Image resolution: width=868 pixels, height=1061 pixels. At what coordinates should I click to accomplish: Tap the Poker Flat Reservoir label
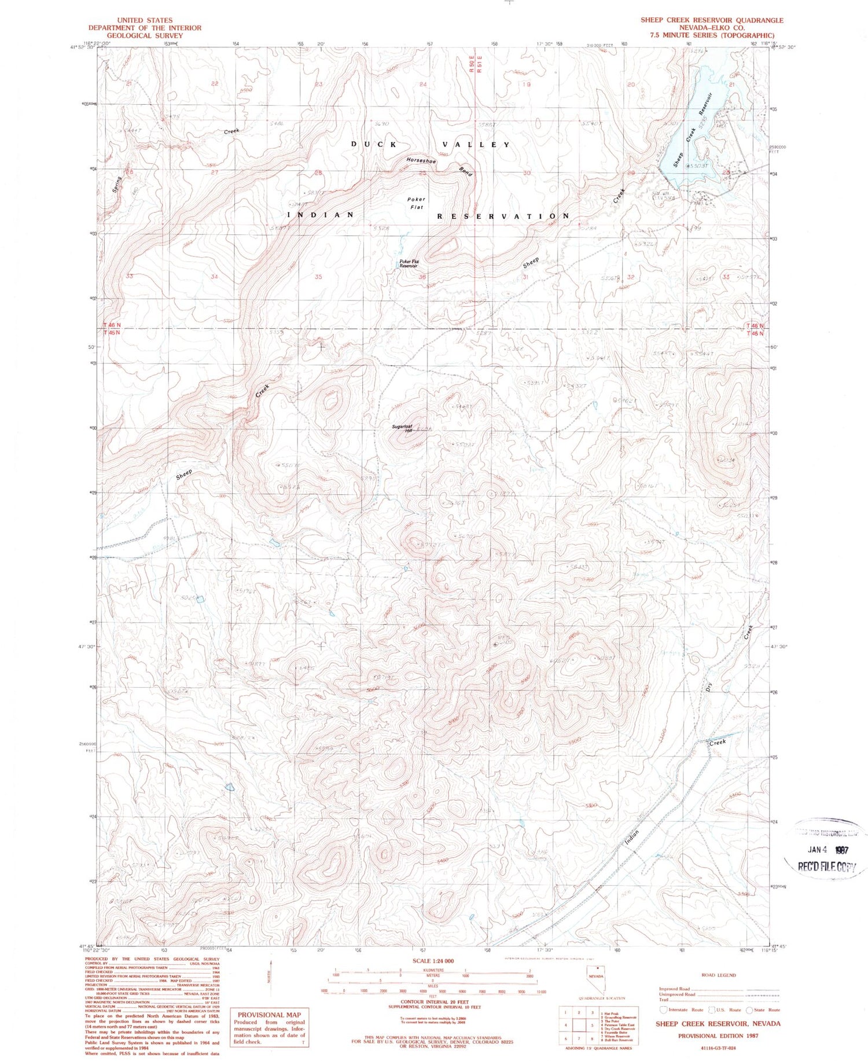408,264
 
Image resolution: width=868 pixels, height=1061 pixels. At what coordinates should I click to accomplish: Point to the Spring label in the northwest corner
117,185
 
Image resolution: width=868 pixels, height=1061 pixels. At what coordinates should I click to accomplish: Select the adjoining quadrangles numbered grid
578,1025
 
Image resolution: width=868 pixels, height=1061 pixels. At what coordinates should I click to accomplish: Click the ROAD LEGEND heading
718,975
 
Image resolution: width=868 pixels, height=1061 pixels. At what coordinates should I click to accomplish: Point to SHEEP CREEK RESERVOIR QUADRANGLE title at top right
711,20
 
